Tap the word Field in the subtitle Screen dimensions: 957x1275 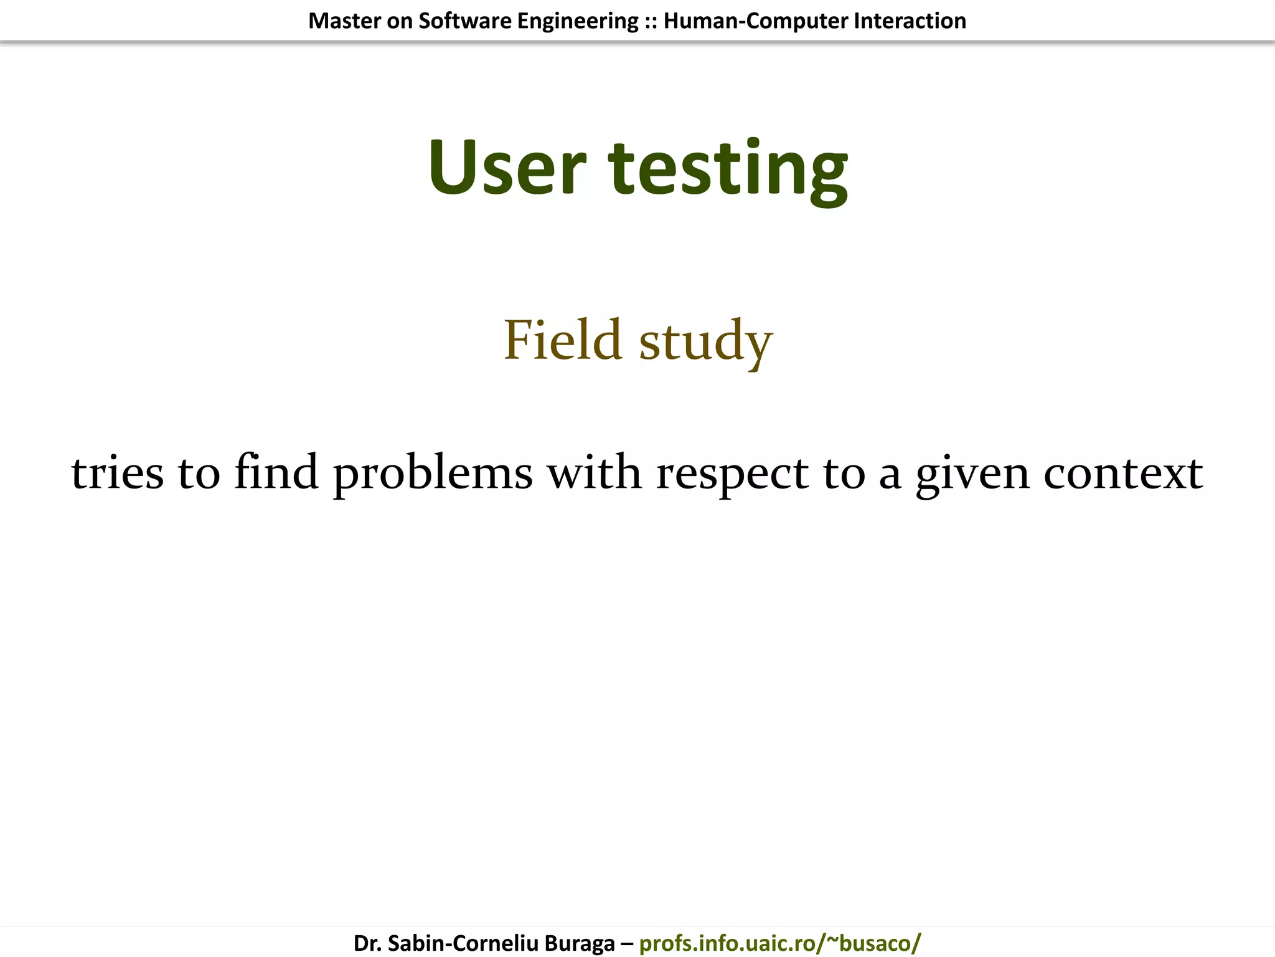[x=562, y=340]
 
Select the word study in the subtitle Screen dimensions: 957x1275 [x=705, y=343]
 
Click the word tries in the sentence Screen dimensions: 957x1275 [x=117, y=474]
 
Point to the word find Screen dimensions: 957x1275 [x=276, y=472]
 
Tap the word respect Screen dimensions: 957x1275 [x=732, y=475]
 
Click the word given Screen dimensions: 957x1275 [x=972, y=475]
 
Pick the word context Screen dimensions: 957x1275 [x=1123, y=474]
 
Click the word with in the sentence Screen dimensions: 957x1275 [x=594, y=472]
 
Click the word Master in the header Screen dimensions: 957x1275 [x=344, y=21]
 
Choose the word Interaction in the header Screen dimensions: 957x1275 [x=910, y=21]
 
